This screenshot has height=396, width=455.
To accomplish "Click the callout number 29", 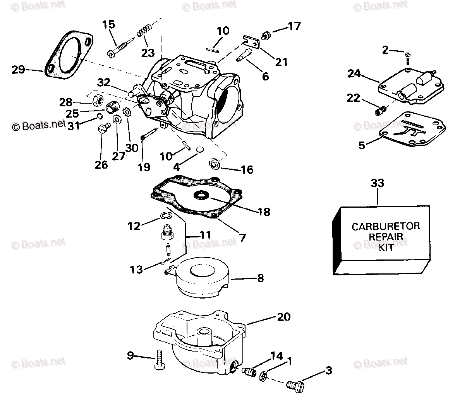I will click(18, 70).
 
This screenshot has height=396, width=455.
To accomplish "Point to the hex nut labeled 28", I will click(97, 101).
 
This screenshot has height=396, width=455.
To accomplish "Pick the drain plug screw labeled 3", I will click(295, 385).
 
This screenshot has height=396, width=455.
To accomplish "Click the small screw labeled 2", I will click(407, 58).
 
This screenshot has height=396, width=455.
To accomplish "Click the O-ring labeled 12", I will click(165, 216).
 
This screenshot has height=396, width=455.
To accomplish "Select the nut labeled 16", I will click(214, 164).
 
